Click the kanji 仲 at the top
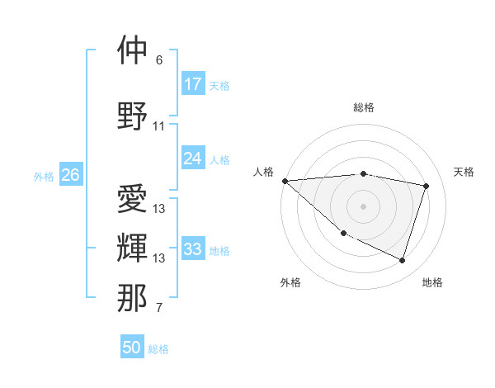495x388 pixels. point(132,50)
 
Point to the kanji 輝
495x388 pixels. point(132,248)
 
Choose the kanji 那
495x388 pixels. point(132,298)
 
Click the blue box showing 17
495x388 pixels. point(193,84)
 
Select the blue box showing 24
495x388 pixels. point(193,159)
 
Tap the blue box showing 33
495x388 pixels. point(193,249)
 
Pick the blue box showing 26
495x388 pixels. point(71,175)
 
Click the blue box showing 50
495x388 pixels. point(132,348)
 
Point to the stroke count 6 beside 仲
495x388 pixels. point(159,60)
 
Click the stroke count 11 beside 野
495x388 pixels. point(159,126)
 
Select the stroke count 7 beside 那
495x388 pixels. point(159,309)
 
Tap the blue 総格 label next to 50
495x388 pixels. point(158,349)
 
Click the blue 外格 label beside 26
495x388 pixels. point(44,177)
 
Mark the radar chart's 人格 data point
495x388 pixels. point(285,181)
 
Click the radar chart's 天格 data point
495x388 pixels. point(427,186)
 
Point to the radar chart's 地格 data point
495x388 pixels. point(403,261)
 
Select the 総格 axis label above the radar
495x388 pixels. point(364,107)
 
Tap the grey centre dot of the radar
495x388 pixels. point(363,206)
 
